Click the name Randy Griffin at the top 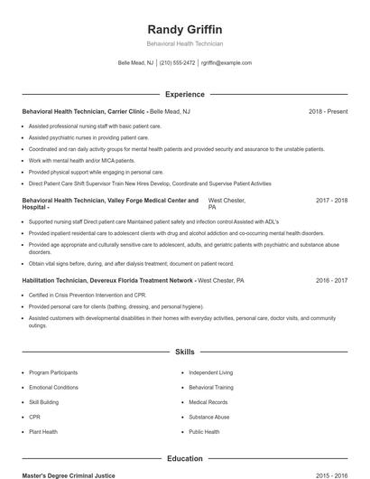(x=184, y=29)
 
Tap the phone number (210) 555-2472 (x=178, y=63)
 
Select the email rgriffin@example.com (x=226, y=63)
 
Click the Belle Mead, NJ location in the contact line (x=135, y=63)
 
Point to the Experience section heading (x=184, y=94)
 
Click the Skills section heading (x=184, y=351)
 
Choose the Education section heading (x=184, y=459)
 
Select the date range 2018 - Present (x=328, y=112)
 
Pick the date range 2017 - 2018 (x=331, y=200)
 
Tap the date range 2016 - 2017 (x=331, y=281)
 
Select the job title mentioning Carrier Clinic (x=106, y=112)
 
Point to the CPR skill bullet (x=34, y=418)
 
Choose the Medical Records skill (x=208, y=402)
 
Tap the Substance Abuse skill (x=208, y=418)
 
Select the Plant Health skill (x=42, y=432)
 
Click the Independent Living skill (x=210, y=372)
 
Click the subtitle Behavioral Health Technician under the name (x=184, y=43)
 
